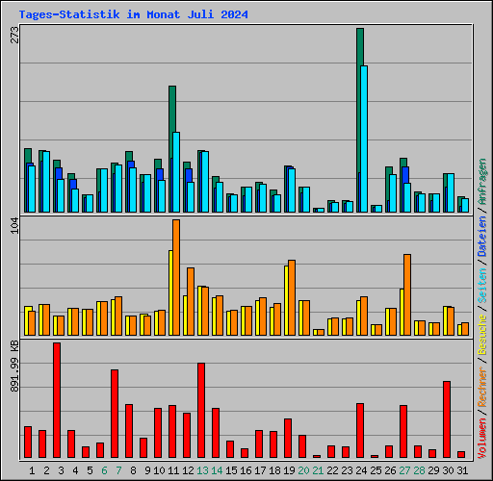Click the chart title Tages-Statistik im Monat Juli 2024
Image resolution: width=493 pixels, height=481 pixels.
tap(133, 14)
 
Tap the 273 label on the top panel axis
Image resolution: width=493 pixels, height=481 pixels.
tap(13, 36)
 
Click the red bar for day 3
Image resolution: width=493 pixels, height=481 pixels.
tap(57, 399)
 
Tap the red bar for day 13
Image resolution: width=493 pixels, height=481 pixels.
tap(201, 409)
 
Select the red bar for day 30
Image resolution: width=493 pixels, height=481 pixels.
tap(447, 418)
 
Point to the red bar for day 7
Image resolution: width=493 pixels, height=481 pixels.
tap(115, 413)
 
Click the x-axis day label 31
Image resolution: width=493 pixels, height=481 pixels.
tap(461, 470)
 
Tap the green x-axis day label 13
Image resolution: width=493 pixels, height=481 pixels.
tap(201, 470)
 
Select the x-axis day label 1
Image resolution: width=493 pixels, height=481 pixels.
tap(32, 470)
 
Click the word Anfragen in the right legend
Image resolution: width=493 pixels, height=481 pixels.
tap(482, 185)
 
